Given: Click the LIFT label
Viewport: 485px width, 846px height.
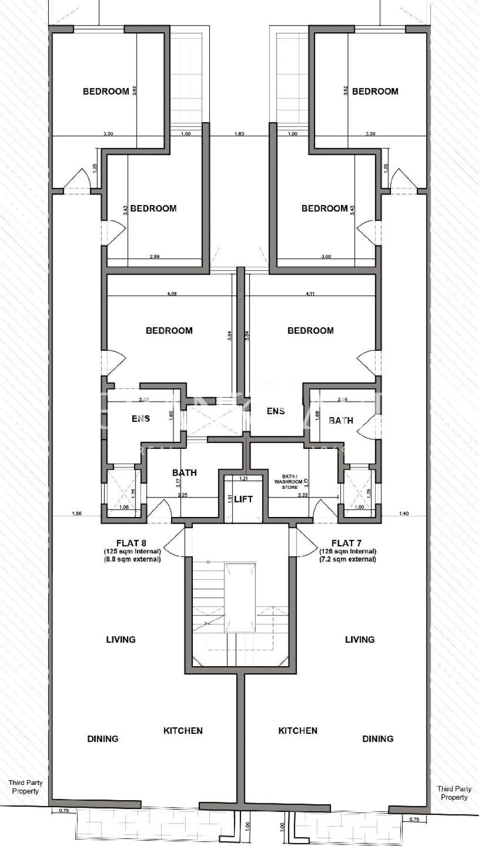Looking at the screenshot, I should tap(243, 499).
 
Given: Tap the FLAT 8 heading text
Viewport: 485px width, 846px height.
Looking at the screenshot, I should tap(132, 543).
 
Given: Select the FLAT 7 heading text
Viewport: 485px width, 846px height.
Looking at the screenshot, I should tap(347, 543).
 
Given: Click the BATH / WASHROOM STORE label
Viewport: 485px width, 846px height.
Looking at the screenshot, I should tap(289, 481).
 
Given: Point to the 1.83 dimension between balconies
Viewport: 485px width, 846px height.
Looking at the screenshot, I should tap(239, 134).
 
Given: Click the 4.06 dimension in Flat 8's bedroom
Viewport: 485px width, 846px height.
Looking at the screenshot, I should tap(172, 294).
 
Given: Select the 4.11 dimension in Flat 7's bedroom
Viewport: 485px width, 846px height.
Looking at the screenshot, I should tap(310, 294).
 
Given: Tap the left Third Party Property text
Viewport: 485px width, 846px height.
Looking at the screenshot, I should tap(26, 787).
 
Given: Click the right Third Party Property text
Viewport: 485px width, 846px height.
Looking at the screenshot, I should tap(454, 793).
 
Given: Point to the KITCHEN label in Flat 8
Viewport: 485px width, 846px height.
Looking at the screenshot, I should tap(183, 731).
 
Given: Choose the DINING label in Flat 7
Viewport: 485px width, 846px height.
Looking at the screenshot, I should tap(377, 739).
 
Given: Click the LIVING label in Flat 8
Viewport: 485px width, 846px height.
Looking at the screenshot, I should tap(121, 640).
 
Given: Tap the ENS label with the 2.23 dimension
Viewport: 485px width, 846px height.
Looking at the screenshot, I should tap(141, 419).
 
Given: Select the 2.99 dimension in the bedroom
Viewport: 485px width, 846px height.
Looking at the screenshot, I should tap(154, 257).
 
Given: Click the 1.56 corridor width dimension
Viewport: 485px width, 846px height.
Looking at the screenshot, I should tap(76, 513).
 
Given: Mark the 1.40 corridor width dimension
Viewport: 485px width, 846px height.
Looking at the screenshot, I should tap(404, 513).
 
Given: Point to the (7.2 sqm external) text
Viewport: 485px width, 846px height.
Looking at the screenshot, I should tap(348, 559).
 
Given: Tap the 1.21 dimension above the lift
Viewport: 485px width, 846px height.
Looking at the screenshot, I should tap(243, 478).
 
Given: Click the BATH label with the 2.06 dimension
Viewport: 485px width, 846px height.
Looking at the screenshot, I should tap(341, 420).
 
